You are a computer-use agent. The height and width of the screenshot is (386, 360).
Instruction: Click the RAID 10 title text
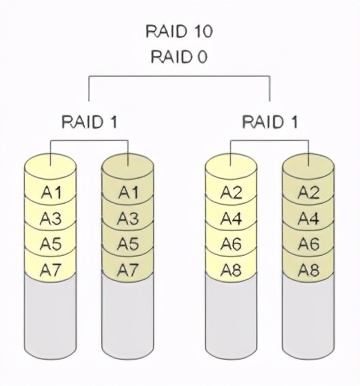click(179, 31)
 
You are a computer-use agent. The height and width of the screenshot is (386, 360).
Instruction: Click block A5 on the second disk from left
click(129, 244)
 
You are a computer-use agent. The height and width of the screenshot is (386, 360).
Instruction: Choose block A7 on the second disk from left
click(129, 269)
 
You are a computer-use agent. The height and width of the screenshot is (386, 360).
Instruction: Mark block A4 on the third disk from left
click(231, 218)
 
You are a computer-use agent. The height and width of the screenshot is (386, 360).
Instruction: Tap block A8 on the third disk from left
click(231, 269)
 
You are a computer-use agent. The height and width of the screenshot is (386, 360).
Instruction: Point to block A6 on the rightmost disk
click(308, 244)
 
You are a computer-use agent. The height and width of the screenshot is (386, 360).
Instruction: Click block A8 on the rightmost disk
click(308, 269)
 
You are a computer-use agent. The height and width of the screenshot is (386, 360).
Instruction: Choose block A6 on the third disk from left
click(231, 244)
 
